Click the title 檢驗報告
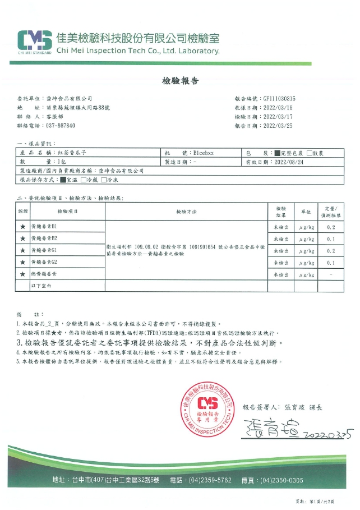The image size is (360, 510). (180, 81)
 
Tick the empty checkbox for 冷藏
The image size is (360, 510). (84, 180)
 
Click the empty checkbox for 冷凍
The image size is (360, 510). (104, 180)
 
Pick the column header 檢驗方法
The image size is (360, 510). (186, 212)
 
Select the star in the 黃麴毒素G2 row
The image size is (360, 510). (22, 263)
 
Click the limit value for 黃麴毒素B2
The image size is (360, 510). (331, 239)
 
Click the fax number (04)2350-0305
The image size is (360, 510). (283, 480)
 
